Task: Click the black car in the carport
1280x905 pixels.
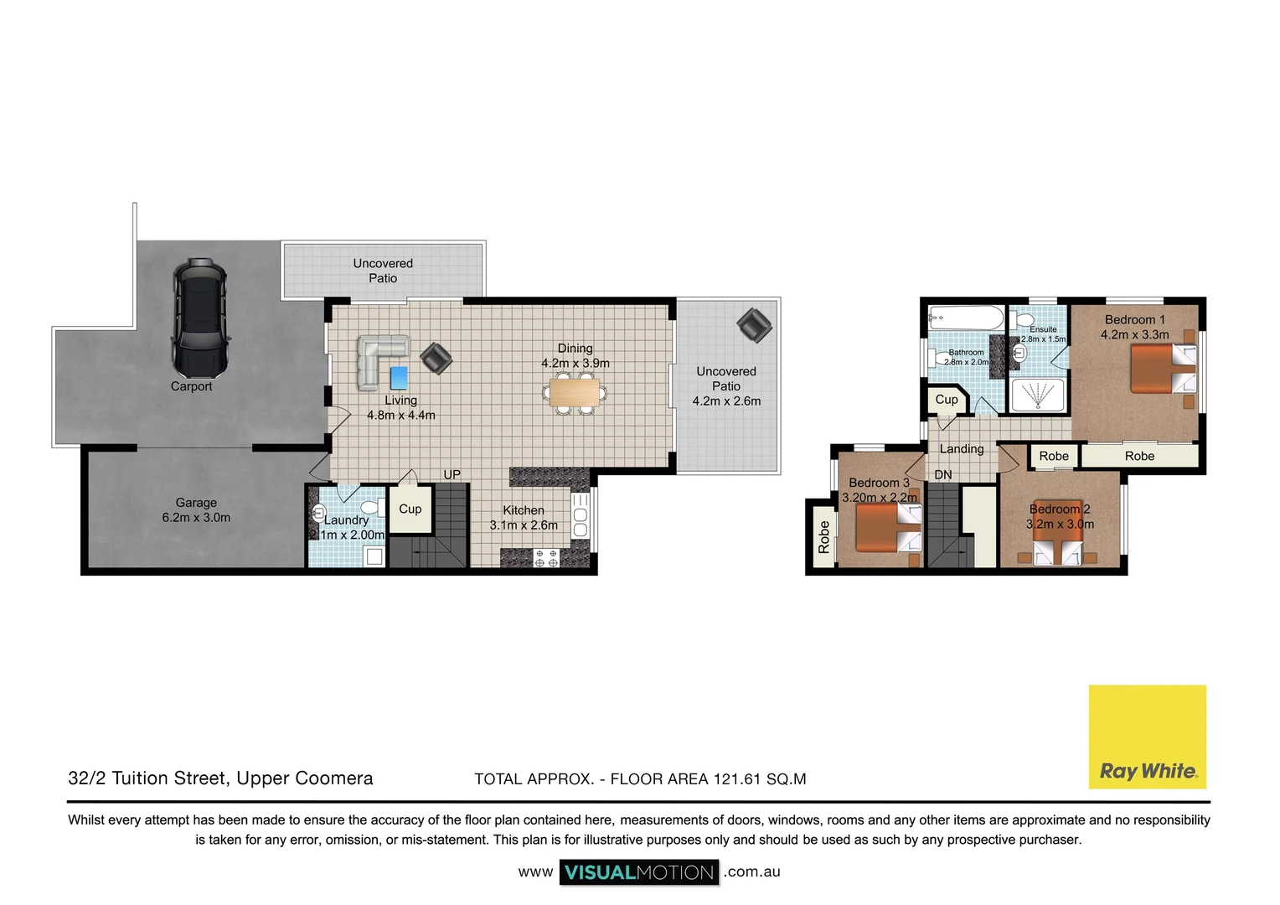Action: pyautogui.click(x=199, y=318)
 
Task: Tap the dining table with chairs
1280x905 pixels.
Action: pyautogui.click(x=575, y=392)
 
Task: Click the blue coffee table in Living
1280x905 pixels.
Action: pyautogui.click(x=399, y=377)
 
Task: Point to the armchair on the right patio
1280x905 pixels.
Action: pyautogui.click(x=754, y=325)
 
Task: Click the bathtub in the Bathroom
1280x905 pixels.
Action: pyautogui.click(x=966, y=318)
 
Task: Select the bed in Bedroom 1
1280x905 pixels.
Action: pyautogui.click(x=1163, y=370)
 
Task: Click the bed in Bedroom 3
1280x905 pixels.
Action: pyautogui.click(x=889, y=527)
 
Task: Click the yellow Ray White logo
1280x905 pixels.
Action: pyautogui.click(x=1147, y=737)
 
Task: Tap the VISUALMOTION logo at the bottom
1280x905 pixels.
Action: pyautogui.click(x=639, y=872)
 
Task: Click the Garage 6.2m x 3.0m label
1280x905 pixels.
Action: pyautogui.click(x=196, y=510)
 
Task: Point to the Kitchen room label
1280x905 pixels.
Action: pyautogui.click(x=524, y=510)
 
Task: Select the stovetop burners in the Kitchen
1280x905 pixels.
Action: pyautogui.click(x=546, y=558)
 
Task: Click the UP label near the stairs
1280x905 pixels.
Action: pyautogui.click(x=452, y=474)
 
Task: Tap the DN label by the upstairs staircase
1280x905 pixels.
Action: pyautogui.click(x=943, y=474)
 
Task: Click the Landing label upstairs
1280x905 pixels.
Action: pyautogui.click(x=962, y=448)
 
